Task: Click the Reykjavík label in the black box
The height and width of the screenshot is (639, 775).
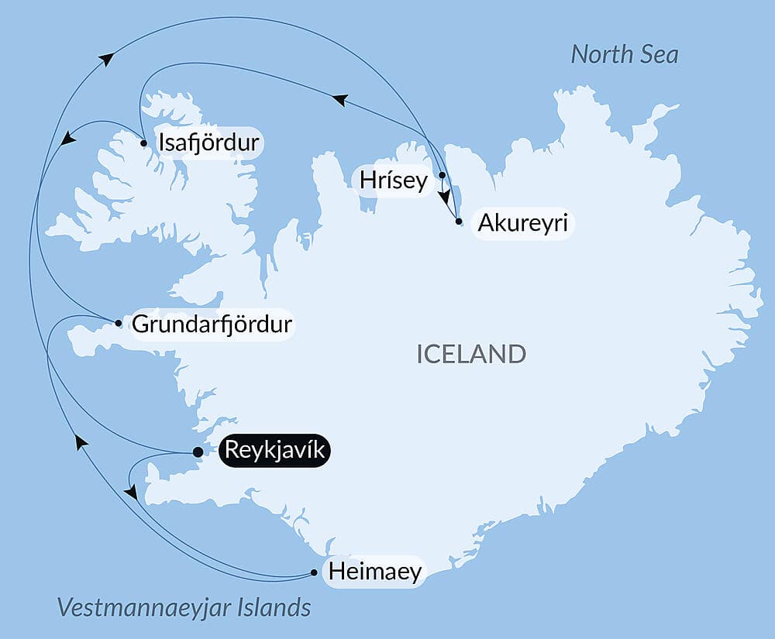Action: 275,451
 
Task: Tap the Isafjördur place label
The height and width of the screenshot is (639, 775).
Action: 208,143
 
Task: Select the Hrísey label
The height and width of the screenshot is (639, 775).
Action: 394,181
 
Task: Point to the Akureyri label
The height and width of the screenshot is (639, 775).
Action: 522,224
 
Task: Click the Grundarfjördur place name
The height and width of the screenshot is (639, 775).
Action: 212,324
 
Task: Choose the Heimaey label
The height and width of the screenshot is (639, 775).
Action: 375,572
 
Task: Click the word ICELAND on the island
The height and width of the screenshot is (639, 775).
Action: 471,354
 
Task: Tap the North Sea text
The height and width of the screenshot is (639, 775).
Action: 624,54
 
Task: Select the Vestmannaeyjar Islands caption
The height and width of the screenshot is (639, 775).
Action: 184,607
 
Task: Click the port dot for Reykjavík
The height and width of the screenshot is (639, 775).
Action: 198,452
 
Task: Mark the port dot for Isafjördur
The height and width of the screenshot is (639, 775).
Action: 144,143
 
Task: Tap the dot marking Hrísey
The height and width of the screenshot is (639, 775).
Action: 442,175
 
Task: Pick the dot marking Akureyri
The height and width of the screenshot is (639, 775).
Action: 459,222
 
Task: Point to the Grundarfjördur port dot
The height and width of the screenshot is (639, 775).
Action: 118,323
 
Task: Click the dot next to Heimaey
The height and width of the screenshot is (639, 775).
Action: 314,573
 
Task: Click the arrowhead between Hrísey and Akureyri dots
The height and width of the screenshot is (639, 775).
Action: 445,197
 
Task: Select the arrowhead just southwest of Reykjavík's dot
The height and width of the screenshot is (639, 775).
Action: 131,492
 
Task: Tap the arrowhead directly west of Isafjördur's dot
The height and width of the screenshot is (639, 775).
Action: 68,139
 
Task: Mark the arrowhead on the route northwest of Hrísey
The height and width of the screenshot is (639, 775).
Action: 339,99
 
